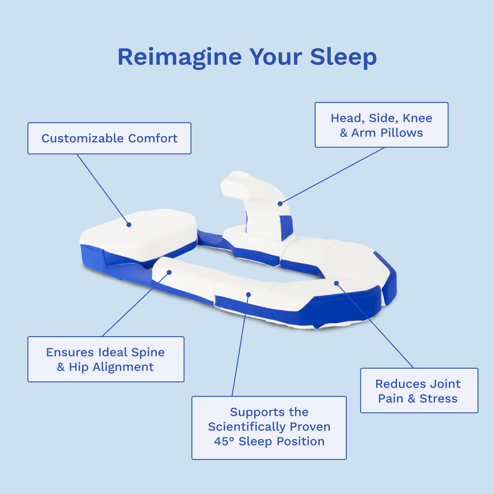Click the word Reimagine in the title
(179, 57)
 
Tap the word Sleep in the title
(343, 57)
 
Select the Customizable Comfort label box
(109, 138)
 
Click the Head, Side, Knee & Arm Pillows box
(381, 125)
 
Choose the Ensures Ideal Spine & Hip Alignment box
(106, 359)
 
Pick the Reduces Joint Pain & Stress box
(419, 391)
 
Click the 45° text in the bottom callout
(224, 441)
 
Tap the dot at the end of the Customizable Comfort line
(129, 225)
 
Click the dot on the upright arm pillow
(280, 203)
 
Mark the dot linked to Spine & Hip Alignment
(169, 272)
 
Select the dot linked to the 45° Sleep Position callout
(248, 295)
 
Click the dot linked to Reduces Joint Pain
(336, 283)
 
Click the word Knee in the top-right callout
(417, 118)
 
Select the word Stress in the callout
(438, 398)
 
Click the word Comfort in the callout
(153, 138)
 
